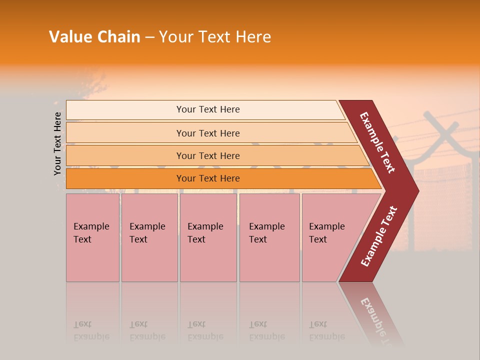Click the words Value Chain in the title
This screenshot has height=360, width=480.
(94, 37)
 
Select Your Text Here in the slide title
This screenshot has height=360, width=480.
(215, 37)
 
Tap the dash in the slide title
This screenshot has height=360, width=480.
(149, 37)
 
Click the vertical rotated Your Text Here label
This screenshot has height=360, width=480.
(58, 144)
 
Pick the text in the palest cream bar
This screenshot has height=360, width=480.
(208, 109)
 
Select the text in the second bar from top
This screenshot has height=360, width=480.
(208, 133)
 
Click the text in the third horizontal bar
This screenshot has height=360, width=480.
(208, 155)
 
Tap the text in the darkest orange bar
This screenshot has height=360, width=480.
(208, 178)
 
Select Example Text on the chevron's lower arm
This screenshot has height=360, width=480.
(379, 236)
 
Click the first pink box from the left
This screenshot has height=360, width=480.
(92, 237)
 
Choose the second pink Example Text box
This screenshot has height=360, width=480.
(149, 237)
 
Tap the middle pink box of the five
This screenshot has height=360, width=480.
(208, 237)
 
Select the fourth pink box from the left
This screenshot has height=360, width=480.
(269, 237)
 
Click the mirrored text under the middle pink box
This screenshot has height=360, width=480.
(205, 330)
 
